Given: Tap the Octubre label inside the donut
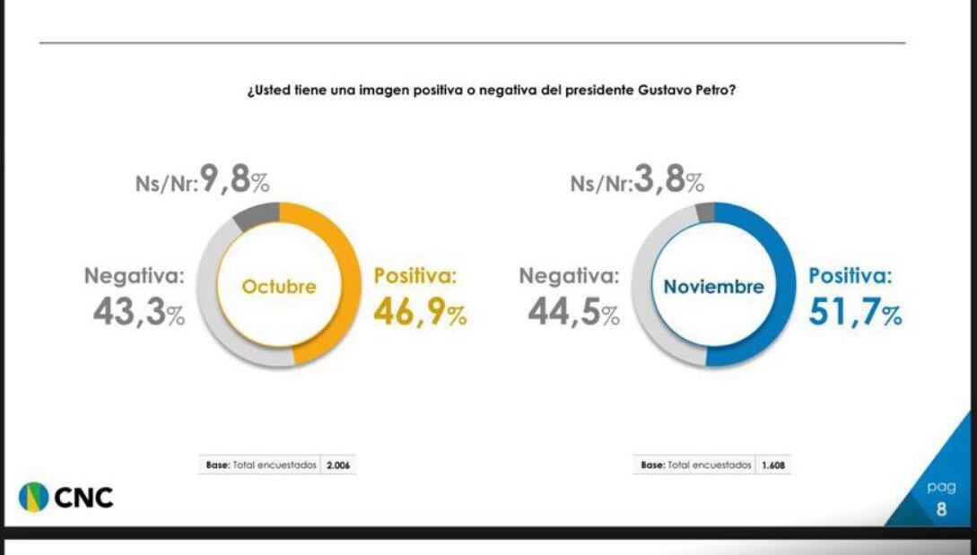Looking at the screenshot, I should point(279,287).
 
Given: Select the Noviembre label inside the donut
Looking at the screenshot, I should point(714,287).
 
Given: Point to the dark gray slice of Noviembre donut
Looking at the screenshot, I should point(705,212).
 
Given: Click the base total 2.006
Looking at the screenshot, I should point(338,465).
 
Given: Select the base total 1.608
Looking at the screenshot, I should point(772,465).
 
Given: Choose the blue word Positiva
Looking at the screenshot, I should point(851,277).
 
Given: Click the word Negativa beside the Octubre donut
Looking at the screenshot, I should point(134,277).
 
